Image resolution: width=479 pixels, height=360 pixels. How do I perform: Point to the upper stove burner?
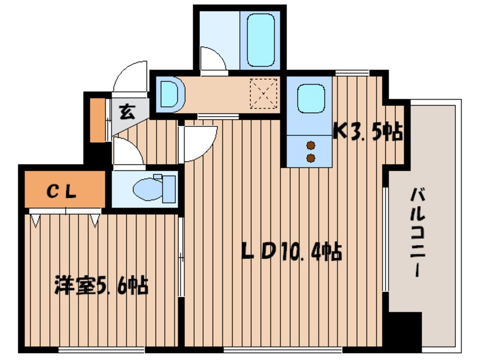[x=310, y=145]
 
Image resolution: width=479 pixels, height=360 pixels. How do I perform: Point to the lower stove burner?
[x=310, y=157]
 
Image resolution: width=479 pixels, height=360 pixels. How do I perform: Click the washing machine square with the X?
[x=264, y=93]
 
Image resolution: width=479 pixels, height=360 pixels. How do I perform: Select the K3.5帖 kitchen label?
[x=367, y=132]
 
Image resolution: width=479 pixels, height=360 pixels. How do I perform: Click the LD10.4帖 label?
[x=291, y=251]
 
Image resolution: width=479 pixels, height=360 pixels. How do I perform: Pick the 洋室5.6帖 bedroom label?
[x=101, y=285]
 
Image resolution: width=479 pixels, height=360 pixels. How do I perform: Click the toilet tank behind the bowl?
[x=168, y=188]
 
